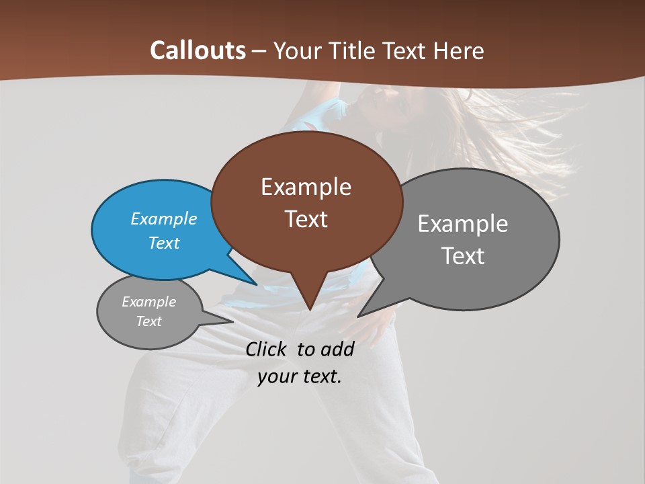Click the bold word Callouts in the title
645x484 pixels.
pos(198,50)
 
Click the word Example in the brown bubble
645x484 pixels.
pos(306,187)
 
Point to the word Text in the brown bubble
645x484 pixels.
pos(306,219)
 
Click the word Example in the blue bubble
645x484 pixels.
pos(163,218)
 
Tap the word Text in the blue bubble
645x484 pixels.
pos(163,243)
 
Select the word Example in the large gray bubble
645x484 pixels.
pos(462,224)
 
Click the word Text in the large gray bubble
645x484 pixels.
pos(462,256)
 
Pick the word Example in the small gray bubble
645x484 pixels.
pos(148,302)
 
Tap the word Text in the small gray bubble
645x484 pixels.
pos(148,321)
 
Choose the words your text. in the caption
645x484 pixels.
pos(300,376)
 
